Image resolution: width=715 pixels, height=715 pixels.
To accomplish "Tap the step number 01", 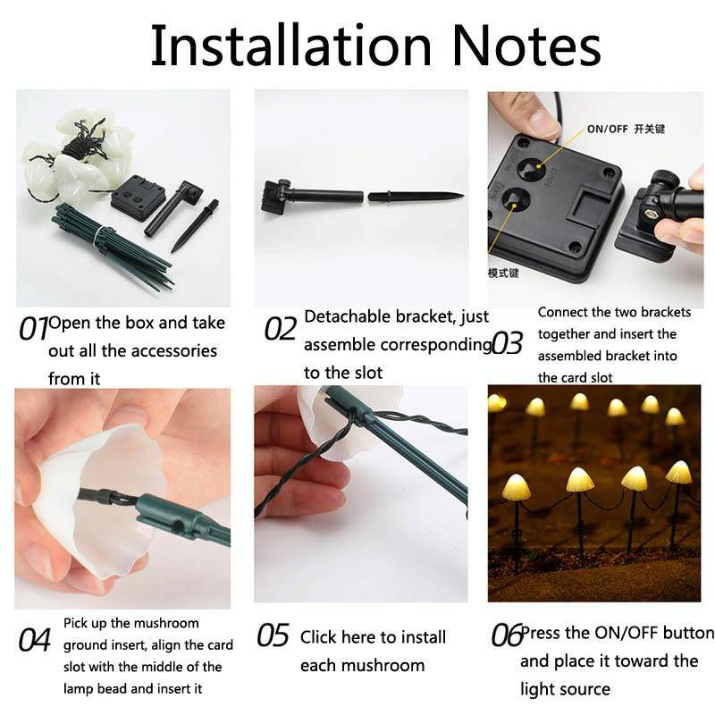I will [33, 329].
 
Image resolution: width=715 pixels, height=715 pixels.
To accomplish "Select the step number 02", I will [280, 329].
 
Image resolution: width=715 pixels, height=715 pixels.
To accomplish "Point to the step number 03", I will [507, 342].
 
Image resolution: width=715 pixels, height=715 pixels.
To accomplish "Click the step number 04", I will [34, 641].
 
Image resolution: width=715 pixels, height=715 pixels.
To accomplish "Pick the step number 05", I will [273, 635].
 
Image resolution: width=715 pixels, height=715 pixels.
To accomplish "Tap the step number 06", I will [507, 635].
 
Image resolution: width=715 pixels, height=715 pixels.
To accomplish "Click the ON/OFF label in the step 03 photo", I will [608, 129].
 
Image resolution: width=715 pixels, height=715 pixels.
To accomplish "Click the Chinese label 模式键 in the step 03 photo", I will [503, 273].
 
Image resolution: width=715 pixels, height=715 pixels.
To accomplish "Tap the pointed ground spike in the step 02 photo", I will [416, 196].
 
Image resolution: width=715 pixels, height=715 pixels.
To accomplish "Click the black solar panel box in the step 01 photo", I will [138, 194].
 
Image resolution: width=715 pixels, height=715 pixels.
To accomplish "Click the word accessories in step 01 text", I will [169, 350].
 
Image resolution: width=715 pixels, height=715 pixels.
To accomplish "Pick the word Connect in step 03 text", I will [563, 313].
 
